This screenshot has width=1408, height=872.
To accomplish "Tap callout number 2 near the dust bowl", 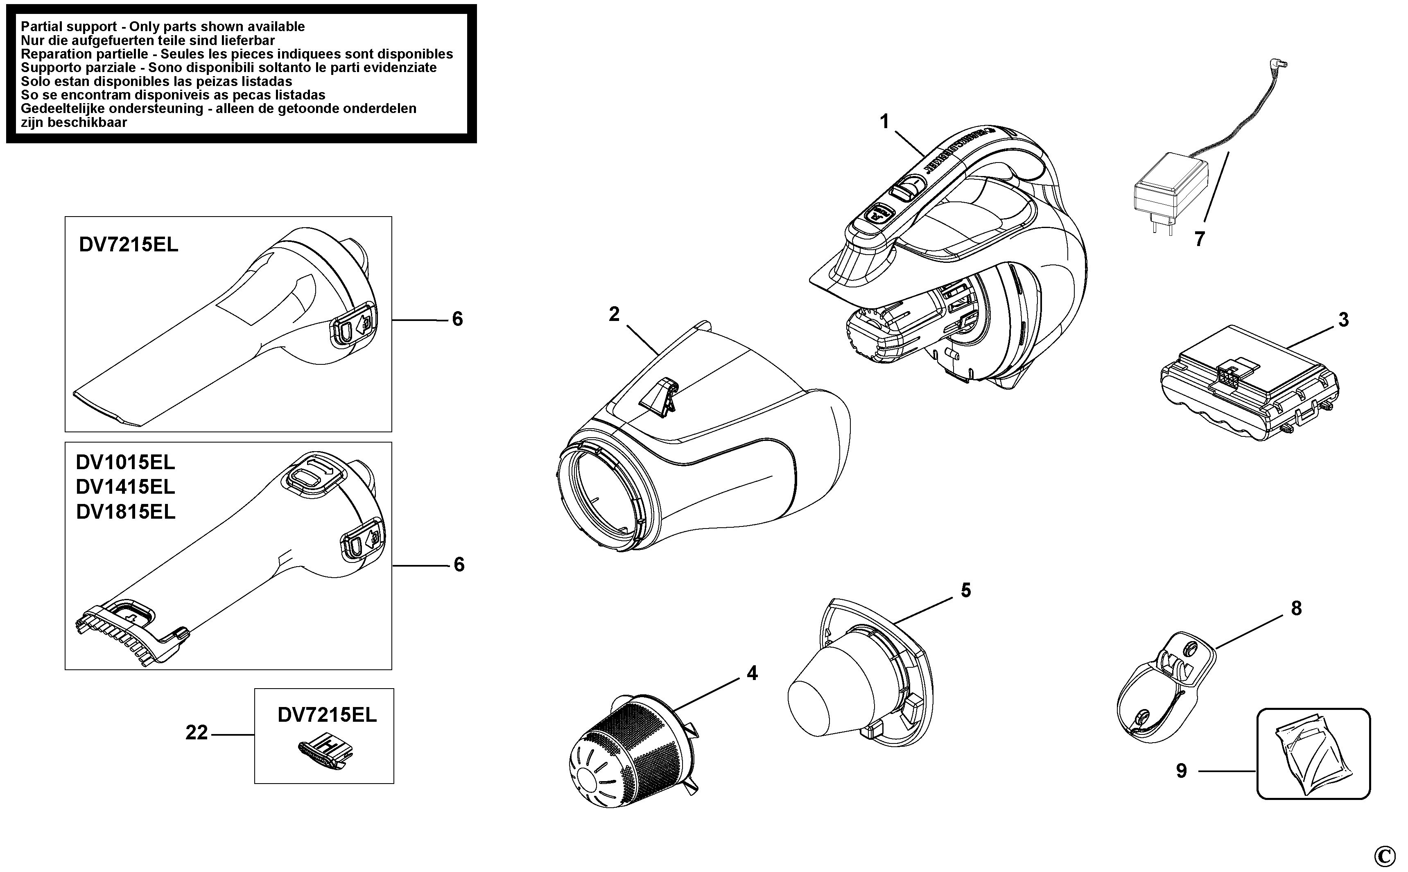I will coord(614,315).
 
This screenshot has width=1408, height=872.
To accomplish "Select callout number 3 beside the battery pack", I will coord(1343,320).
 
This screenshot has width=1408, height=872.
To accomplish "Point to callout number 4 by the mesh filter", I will coord(752,673).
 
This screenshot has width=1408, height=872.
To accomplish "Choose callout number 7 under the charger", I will coord(1199,239).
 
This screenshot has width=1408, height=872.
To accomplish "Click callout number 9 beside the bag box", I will coord(1182,771).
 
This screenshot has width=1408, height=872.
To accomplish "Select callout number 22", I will coord(196,733).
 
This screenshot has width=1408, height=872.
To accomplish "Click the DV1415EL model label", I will coord(125,487).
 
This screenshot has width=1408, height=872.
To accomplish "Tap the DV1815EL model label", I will coord(125,512).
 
